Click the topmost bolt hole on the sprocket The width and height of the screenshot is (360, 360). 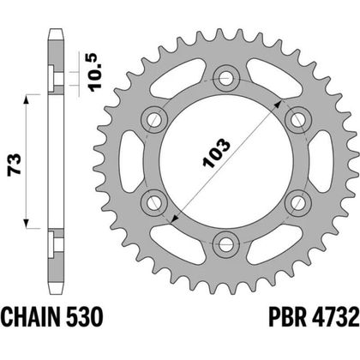coord(227,78)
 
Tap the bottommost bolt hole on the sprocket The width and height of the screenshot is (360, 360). coord(227,241)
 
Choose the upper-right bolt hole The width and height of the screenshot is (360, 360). coord(297,118)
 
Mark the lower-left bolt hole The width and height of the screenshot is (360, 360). coord(156,201)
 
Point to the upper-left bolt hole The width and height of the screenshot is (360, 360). coord(156,118)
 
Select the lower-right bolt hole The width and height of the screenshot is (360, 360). coord(297,201)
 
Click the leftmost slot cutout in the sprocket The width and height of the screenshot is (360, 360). coord(130,159)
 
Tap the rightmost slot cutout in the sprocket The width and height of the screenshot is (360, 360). coord(324,159)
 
